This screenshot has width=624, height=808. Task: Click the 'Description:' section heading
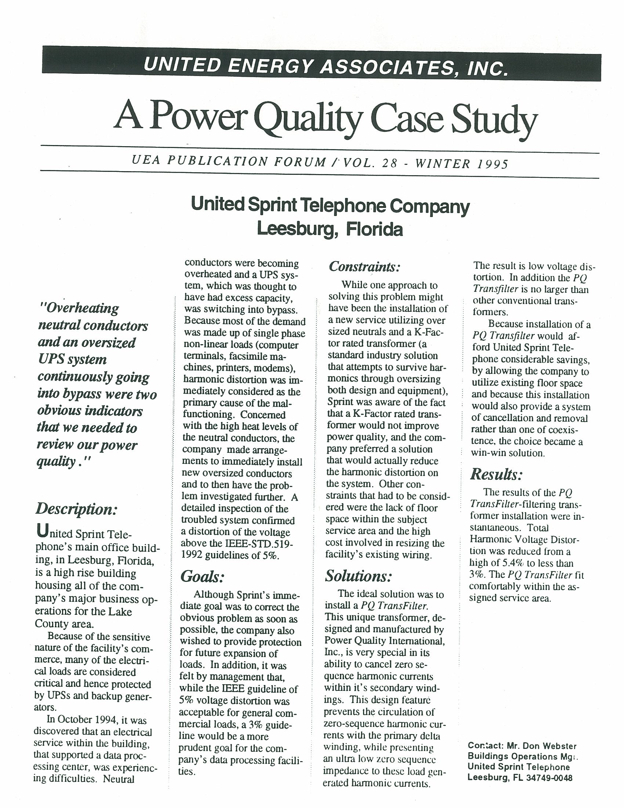(76, 509)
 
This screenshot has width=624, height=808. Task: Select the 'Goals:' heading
(202, 576)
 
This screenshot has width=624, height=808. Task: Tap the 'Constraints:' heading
(364, 266)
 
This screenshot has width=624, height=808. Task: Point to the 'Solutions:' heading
(358, 576)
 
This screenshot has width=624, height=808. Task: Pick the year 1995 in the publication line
(492, 163)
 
